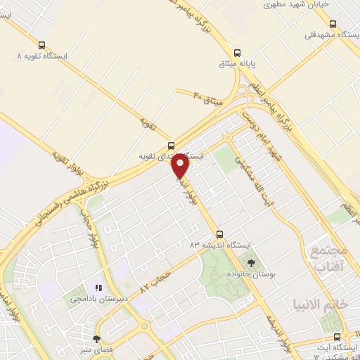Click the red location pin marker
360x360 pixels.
tap(181, 166)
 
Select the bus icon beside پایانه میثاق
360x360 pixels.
tap(237, 52)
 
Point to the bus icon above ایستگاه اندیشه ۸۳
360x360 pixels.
tap(220, 233)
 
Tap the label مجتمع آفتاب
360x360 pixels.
tap(328, 259)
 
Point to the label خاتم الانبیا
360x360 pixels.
tap(317, 304)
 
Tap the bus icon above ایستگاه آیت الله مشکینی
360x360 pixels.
tap(338, 337)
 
